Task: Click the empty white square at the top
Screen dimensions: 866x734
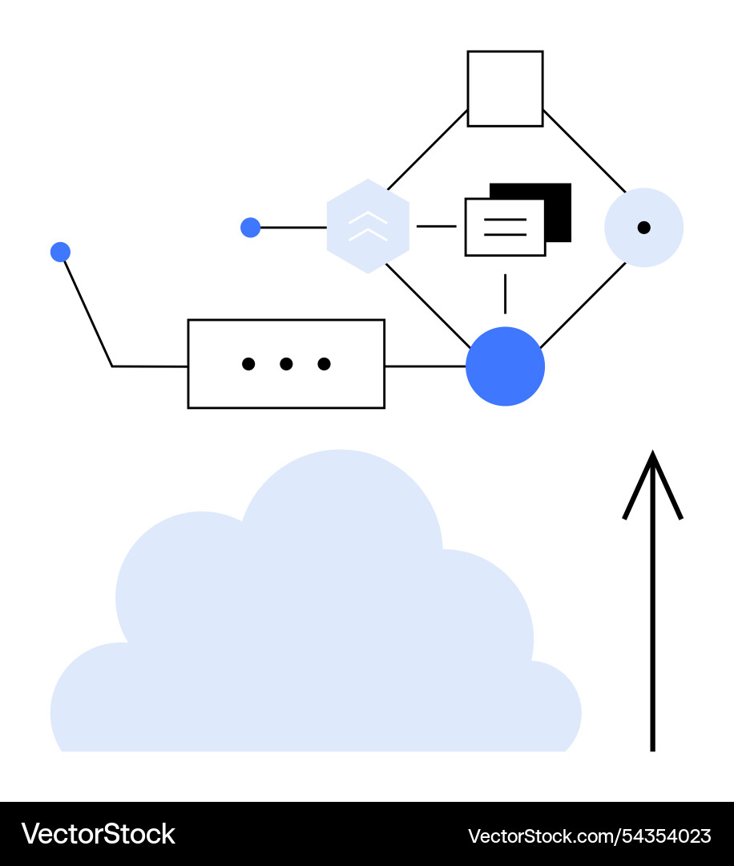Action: (505, 89)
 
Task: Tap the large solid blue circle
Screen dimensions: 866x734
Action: (505, 366)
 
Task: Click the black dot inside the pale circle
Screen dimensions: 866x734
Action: (643, 228)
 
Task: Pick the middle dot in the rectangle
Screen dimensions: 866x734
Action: (286, 364)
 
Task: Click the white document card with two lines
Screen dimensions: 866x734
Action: (505, 227)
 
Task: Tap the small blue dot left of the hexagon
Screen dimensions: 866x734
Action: (251, 228)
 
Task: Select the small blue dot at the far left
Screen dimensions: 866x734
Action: (60, 253)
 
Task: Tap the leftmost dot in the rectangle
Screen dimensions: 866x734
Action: (248, 364)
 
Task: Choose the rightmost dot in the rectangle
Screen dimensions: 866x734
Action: (324, 364)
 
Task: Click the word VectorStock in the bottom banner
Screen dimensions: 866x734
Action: (98, 834)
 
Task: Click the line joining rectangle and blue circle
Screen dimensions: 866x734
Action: (425, 366)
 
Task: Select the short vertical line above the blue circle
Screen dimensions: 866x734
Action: (505, 293)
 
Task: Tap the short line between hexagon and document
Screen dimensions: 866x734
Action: (436, 226)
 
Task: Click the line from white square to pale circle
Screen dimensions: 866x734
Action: (584, 150)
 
